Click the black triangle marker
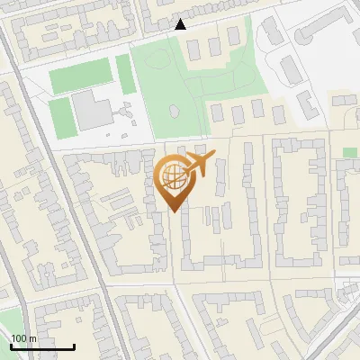pyautogui.click(x=181, y=24)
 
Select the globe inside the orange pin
pyautogui.click(x=171, y=175)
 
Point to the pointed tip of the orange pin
pyautogui.click(x=172, y=211)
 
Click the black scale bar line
pyautogui.click(x=42, y=346)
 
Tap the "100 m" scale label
pyautogui.click(x=24, y=338)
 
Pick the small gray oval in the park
pyautogui.click(x=174, y=112)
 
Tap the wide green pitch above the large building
pyautogui.click(x=82, y=77)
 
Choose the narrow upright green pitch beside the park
pyautogui.click(x=125, y=74)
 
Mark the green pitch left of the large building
pyautogui.click(x=59, y=116)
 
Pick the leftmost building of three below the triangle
pyautogui.click(x=193, y=46)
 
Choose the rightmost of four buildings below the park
pyautogui.click(x=279, y=114)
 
